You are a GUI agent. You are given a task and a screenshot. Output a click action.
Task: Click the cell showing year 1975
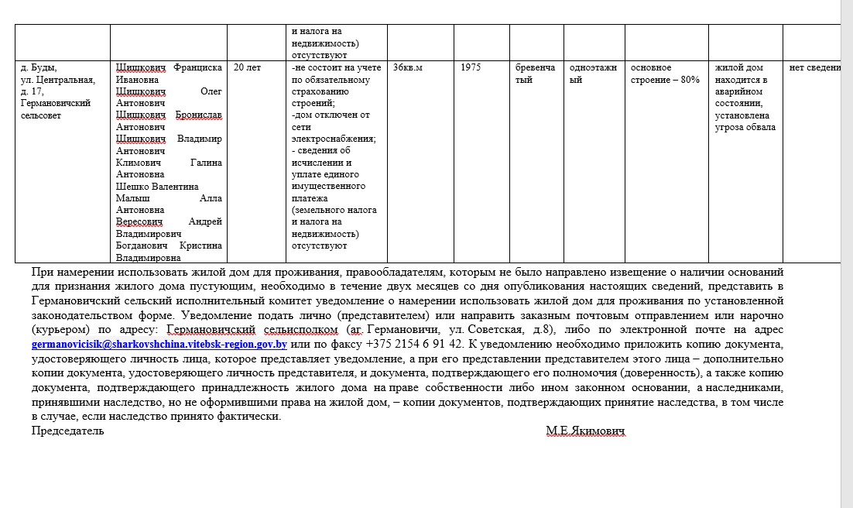coord(471,67)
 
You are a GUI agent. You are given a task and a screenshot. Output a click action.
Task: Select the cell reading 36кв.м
coord(408,67)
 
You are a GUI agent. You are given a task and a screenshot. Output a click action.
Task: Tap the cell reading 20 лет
coord(247,67)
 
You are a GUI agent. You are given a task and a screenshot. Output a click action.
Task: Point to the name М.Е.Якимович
coord(585,431)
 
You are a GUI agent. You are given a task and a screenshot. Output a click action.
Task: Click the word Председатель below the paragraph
coord(67,431)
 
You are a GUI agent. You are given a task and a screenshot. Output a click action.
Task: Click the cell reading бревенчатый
coord(535,74)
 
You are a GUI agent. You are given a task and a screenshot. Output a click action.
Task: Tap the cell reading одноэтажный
coord(593,74)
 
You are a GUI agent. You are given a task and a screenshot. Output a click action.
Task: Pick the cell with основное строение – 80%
coord(665,74)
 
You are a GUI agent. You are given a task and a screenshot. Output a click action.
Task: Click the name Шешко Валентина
coord(157,187)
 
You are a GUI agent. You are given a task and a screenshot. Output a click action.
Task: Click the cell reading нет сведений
coord(814,67)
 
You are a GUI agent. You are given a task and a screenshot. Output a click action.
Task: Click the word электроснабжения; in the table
coord(334,139)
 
